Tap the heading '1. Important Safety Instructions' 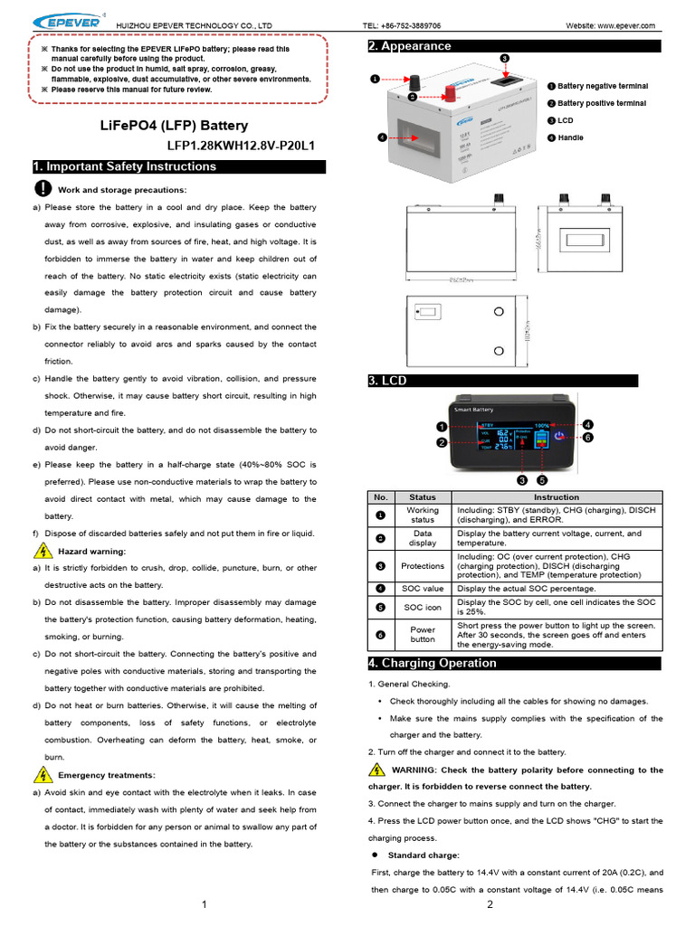click(x=125, y=166)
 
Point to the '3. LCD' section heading click(x=387, y=381)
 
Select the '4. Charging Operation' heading click(x=432, y=663)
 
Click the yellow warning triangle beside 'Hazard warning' click(x=43, y=551)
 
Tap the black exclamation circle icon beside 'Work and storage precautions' click(x=43, y=188)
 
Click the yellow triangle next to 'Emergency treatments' click(x=43, y=775)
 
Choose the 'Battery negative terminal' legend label click(x=602, y=86)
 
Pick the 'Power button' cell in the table click(x=423, y=635)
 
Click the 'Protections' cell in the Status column click(x=423, y=565)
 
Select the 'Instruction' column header click(x=557, y=497)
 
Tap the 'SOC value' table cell click(x=423, y=588)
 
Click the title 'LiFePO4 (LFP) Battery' click(x=173, y=126)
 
